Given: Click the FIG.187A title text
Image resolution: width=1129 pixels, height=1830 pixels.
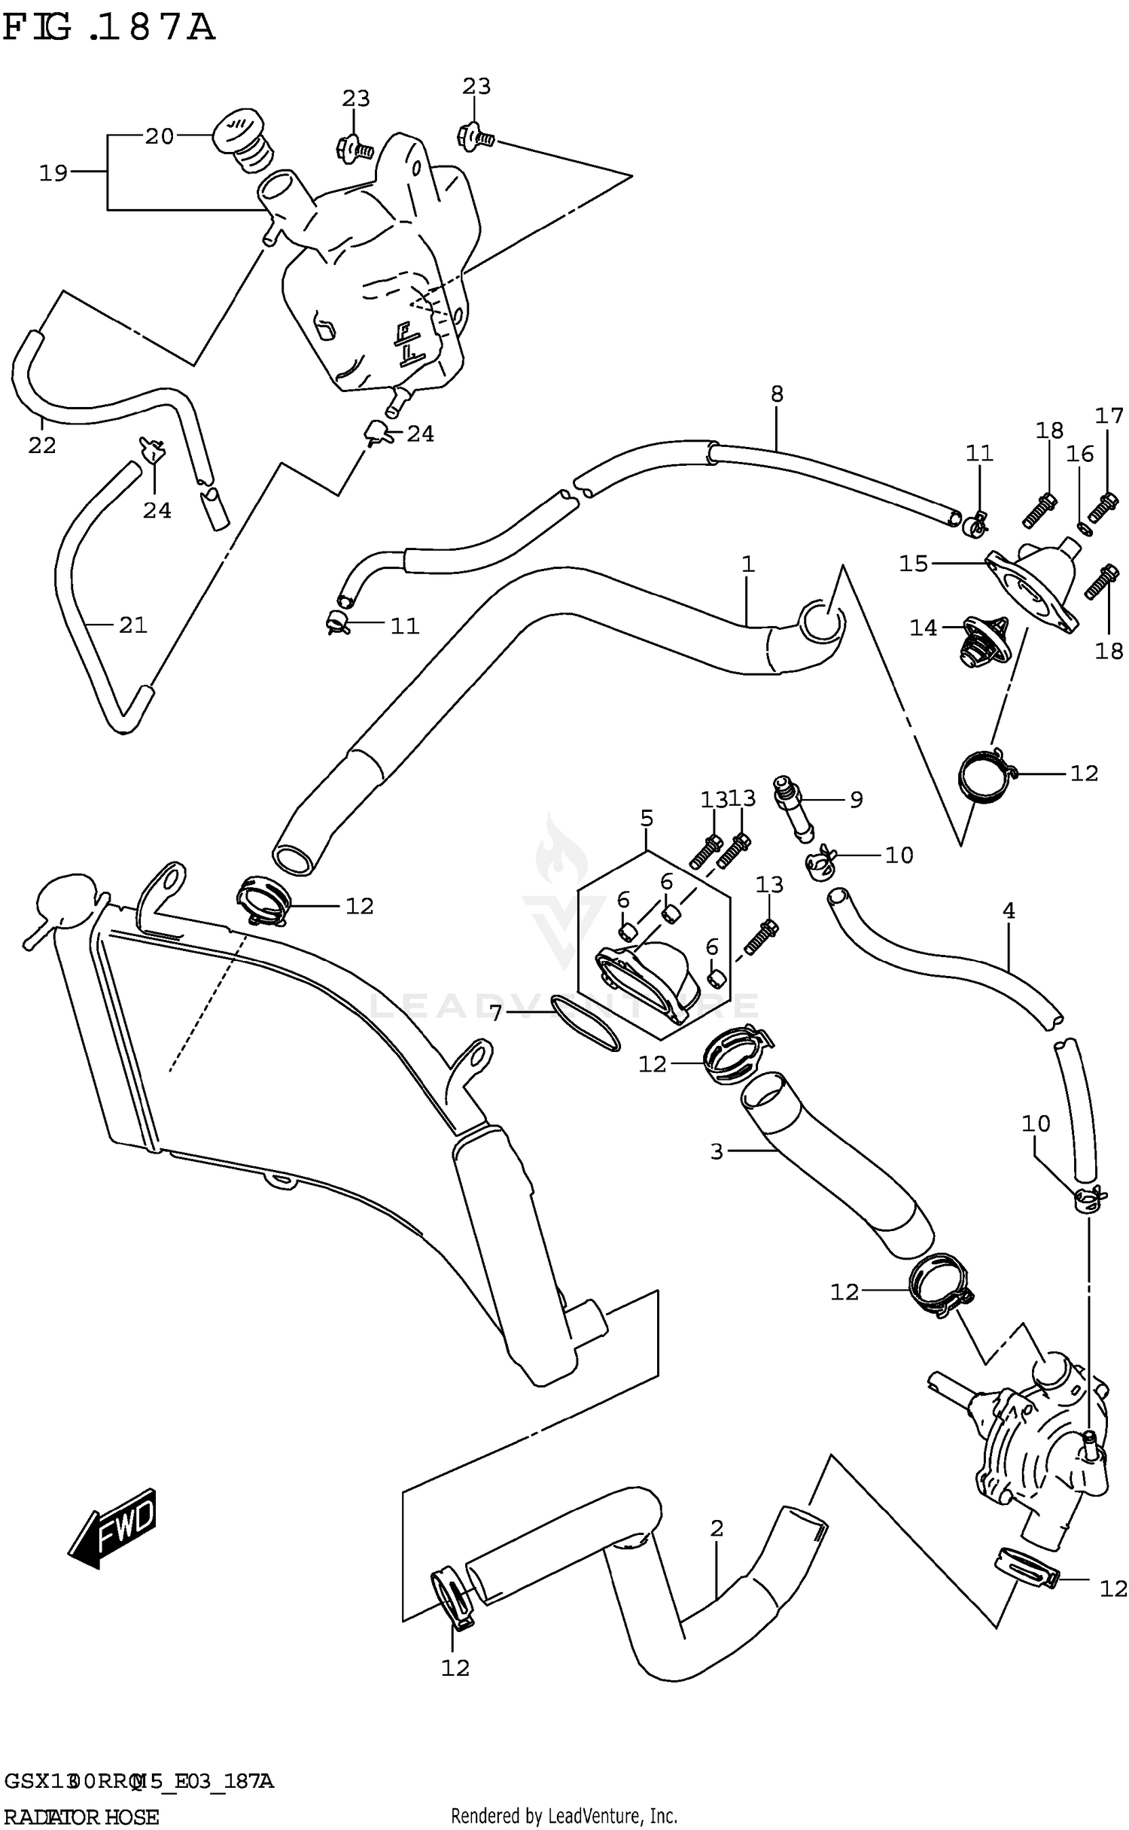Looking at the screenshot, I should click(109, 28).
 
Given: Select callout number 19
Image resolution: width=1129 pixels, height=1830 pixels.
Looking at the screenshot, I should click(53, 173).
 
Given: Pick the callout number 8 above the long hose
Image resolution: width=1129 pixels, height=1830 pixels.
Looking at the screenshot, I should click(777, 394).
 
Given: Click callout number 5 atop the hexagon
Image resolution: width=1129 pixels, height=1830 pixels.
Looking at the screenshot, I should click(647, 818).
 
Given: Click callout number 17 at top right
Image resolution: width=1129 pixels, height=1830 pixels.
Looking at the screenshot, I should click(1108, 416).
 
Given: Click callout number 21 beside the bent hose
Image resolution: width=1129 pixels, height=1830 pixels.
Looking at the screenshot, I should click(132, 625).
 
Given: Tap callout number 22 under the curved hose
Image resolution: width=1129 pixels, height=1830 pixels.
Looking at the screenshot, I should click(42, 445).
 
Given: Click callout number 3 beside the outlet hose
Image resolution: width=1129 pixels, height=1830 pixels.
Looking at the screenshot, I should click(716, 1151).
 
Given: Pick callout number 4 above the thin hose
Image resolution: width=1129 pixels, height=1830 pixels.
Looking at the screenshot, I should click(1009, 911).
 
